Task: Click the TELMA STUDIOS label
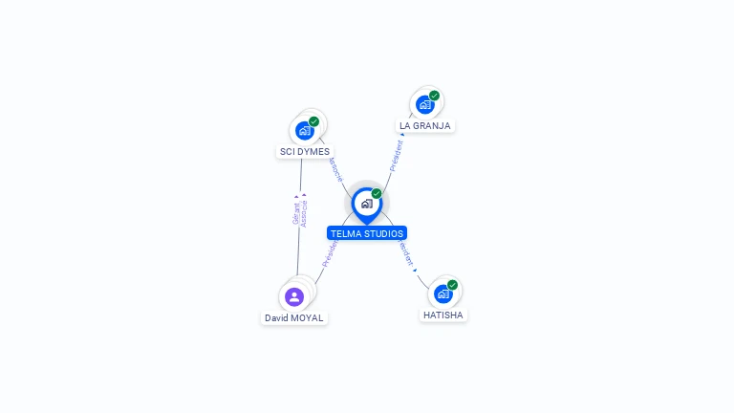[367, 233]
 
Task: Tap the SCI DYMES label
[304, 151]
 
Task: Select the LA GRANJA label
[424, 125]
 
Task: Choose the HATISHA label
[443, 315]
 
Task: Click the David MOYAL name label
[293, 317]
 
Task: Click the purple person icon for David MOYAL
[293, 296]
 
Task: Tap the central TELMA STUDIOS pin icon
[366, 204]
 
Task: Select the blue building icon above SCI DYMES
[304, 131]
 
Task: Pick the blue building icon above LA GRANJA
[424, 105]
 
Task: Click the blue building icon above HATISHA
[443, 293]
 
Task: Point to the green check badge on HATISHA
[453, 284]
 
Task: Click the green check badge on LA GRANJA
[434, 96]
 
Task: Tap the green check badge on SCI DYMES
[313, 121]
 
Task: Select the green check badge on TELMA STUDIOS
[377, 193]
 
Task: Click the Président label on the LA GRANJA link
[397, 155]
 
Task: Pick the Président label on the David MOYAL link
[329, 252]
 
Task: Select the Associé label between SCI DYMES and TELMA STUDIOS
[335, 168]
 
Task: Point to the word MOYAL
[308, 317]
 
